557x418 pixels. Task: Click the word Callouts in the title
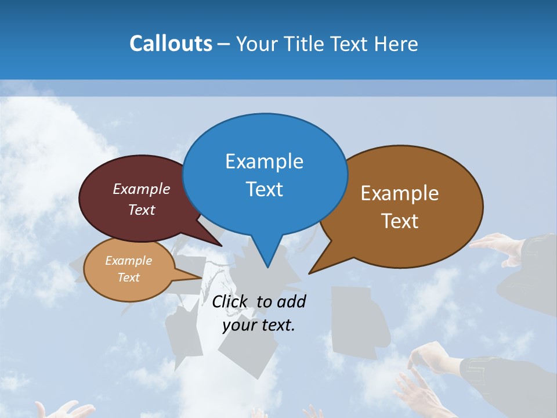point(171,44)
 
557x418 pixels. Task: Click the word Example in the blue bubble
point(264,161)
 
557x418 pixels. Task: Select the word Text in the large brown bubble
point(400,221)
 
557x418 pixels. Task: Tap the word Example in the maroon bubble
point(142,189)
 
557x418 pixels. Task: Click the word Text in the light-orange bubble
point(129,278)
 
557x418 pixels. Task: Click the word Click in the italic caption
point(230,301)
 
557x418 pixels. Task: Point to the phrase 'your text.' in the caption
point(259,325)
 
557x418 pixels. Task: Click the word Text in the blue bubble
point(265,189)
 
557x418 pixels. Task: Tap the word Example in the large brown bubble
point(400,193)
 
